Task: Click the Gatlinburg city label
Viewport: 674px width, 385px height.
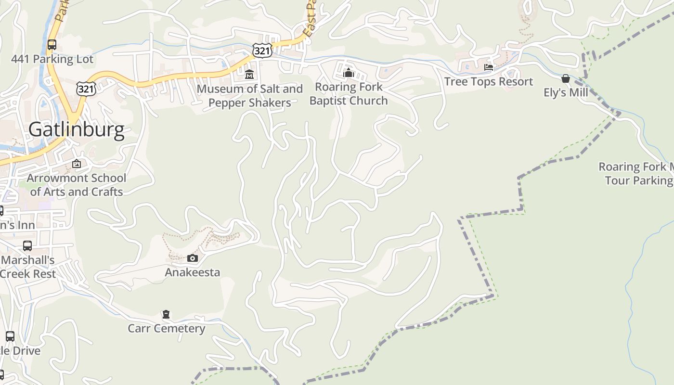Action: pos(76,129)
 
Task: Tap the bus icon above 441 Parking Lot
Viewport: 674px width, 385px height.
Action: pos(52,45)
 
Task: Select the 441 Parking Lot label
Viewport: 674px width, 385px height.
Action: pos(52,59)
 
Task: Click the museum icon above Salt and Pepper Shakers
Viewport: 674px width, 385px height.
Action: pos(249,75)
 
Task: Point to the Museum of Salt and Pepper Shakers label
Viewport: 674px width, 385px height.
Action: pos(249,96)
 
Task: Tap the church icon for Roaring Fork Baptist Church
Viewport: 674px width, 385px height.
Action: pos(348,73)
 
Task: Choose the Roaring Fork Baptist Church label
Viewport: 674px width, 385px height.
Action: pos(348,94)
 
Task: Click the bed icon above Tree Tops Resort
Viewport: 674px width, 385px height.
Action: pos(489,67)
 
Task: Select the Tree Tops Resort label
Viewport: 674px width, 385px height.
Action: pos(489,82)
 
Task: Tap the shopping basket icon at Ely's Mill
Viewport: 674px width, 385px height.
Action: pos(566,78)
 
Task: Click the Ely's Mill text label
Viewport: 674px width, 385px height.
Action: pos(566,92)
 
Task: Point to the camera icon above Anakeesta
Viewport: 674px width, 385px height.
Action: pos(192,258)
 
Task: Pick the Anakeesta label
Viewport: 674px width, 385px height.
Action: pos(192,272)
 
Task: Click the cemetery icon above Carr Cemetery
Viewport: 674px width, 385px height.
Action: pos(166,315)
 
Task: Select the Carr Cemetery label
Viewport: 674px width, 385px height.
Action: pos(166,329)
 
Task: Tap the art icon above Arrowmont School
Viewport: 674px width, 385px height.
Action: pos(76,164)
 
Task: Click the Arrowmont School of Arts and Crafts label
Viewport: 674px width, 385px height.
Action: pos(76,185)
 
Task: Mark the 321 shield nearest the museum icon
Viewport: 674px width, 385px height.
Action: pos(262,50)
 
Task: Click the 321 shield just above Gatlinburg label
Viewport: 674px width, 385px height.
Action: pos(86,88)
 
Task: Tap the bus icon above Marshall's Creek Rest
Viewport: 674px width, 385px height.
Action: pos(27,246)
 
